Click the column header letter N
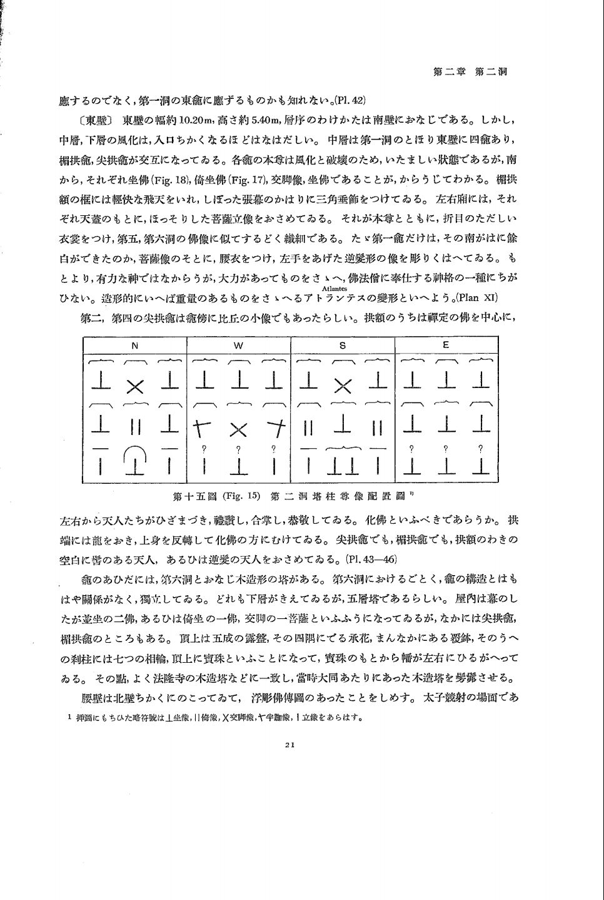click(x=134, y=345)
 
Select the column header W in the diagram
click(x=239, y=345)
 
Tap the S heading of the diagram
click(x=343, y=345)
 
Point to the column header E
click(x=446, y=345)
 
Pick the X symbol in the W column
click(x=239, y=427)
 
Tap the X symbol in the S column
click(x=343, y=386)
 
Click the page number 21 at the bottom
click(x=289, y=744)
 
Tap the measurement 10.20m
click(x=197, y=120)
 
